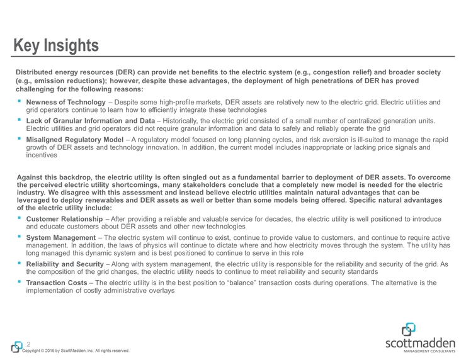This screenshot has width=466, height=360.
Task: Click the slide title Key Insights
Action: (x=57, y=46)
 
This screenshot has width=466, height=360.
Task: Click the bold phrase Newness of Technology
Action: (x=60, y=102)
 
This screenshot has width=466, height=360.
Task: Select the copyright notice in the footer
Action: (x=76, y=351)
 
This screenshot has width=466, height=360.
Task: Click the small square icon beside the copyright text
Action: (x=16, y=347)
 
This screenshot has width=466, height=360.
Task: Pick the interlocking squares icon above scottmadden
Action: (x=408, y=329)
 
